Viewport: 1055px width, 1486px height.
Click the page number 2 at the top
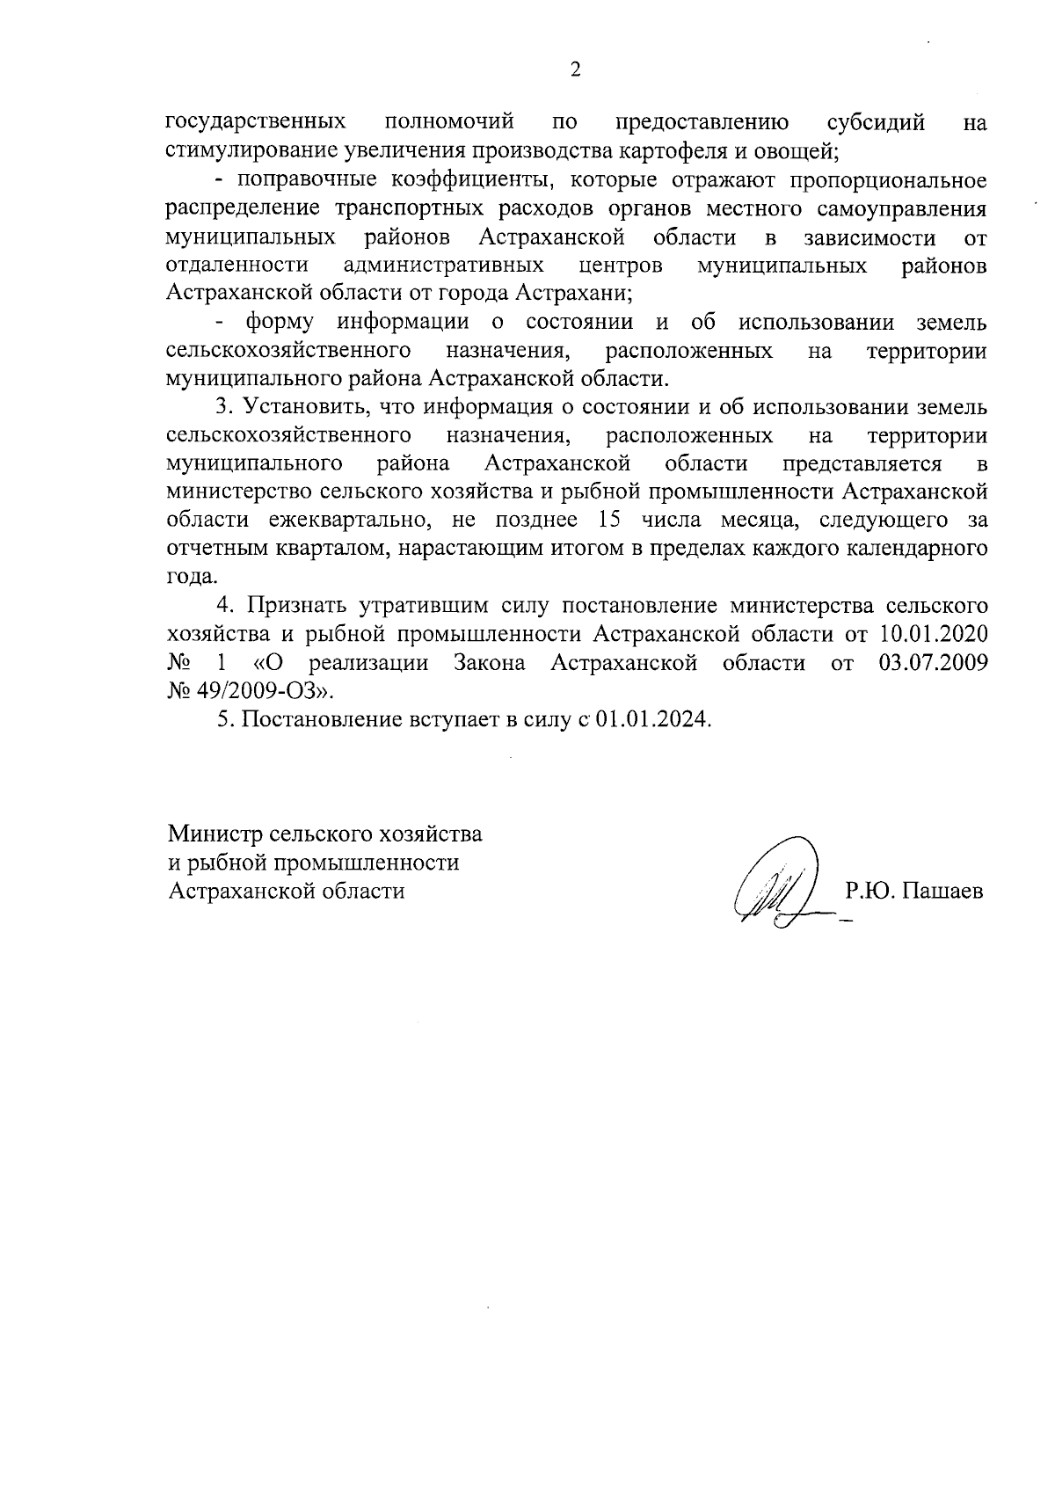pos(576,70)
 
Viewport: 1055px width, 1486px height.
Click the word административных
pos(444,265)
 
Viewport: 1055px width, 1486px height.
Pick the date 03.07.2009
pos(934,662)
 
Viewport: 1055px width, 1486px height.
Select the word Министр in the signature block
pos(215,832)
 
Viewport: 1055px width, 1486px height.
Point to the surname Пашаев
pos(945,891)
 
